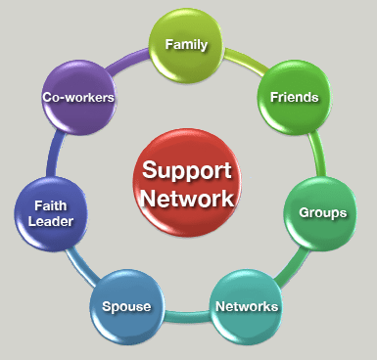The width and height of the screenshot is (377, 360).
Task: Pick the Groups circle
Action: coord(320,211)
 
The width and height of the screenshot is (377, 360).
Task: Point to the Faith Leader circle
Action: coord(51,212)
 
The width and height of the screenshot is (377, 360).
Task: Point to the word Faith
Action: coord(51,205)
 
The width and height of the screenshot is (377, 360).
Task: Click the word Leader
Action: coord(51,222)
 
